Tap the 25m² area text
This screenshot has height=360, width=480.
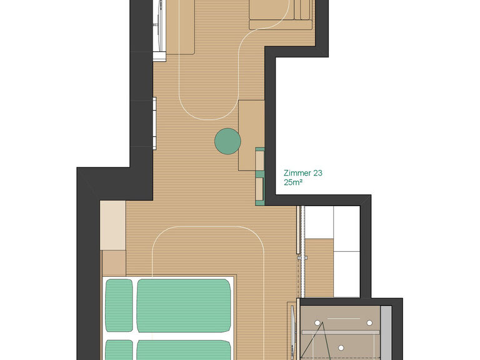[293, 182]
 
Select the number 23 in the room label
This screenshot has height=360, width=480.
[317, 173]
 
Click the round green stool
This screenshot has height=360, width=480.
[227, 141]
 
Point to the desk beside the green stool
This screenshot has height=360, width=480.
[251, 135]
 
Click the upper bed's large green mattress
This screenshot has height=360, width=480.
[184, 306]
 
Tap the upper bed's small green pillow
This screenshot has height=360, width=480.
[119, 305]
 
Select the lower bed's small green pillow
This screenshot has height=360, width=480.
[119, 350]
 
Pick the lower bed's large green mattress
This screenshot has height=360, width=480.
[184, 350]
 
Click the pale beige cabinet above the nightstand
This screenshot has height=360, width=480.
[113, 225]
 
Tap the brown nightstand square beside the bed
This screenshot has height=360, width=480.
[114, 263]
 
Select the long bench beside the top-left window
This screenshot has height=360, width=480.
[180, 27]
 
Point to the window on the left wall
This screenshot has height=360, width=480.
[154, 123]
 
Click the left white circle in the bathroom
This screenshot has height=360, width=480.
[317, 323]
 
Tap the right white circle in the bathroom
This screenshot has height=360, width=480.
[369, 323]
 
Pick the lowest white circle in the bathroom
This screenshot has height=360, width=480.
[341, 348]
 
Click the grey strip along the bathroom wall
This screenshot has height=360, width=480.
[386, 332]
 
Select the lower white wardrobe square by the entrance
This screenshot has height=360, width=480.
[346, 274]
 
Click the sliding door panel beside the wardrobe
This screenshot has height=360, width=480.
[298, 229]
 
